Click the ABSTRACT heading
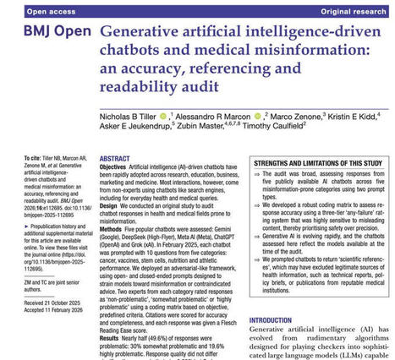115,158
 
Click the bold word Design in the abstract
112,206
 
